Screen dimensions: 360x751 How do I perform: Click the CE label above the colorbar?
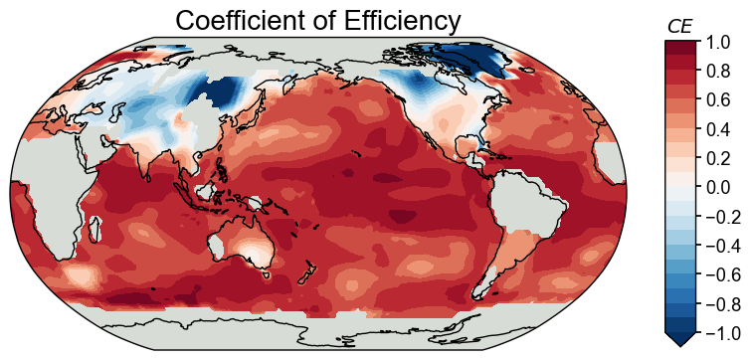tap(679, 26)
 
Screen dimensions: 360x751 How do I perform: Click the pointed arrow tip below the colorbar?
tap(680, 343)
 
